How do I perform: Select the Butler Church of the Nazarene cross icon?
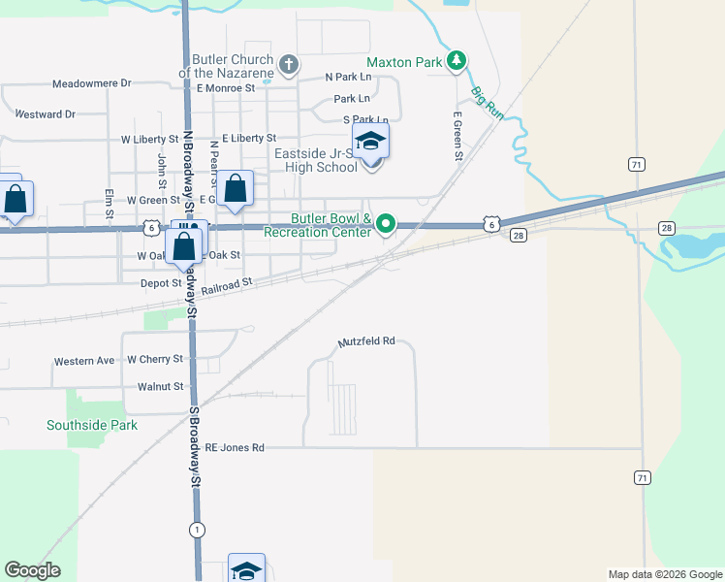point(287,65)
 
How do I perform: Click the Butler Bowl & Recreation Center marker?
point(386,225)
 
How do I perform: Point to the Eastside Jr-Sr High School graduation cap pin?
point(370,142)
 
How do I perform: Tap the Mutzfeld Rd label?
point(367,341)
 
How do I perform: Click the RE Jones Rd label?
point(235,448)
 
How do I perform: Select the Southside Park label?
point(92,425)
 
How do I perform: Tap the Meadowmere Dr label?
point(91,83)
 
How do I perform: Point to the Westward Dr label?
point(45,114)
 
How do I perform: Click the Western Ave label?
point(84,361)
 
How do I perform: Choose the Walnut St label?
point(160,386)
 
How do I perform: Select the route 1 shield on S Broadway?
point(198,529)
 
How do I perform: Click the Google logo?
point(32,570)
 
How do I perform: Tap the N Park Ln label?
point(349,77)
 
